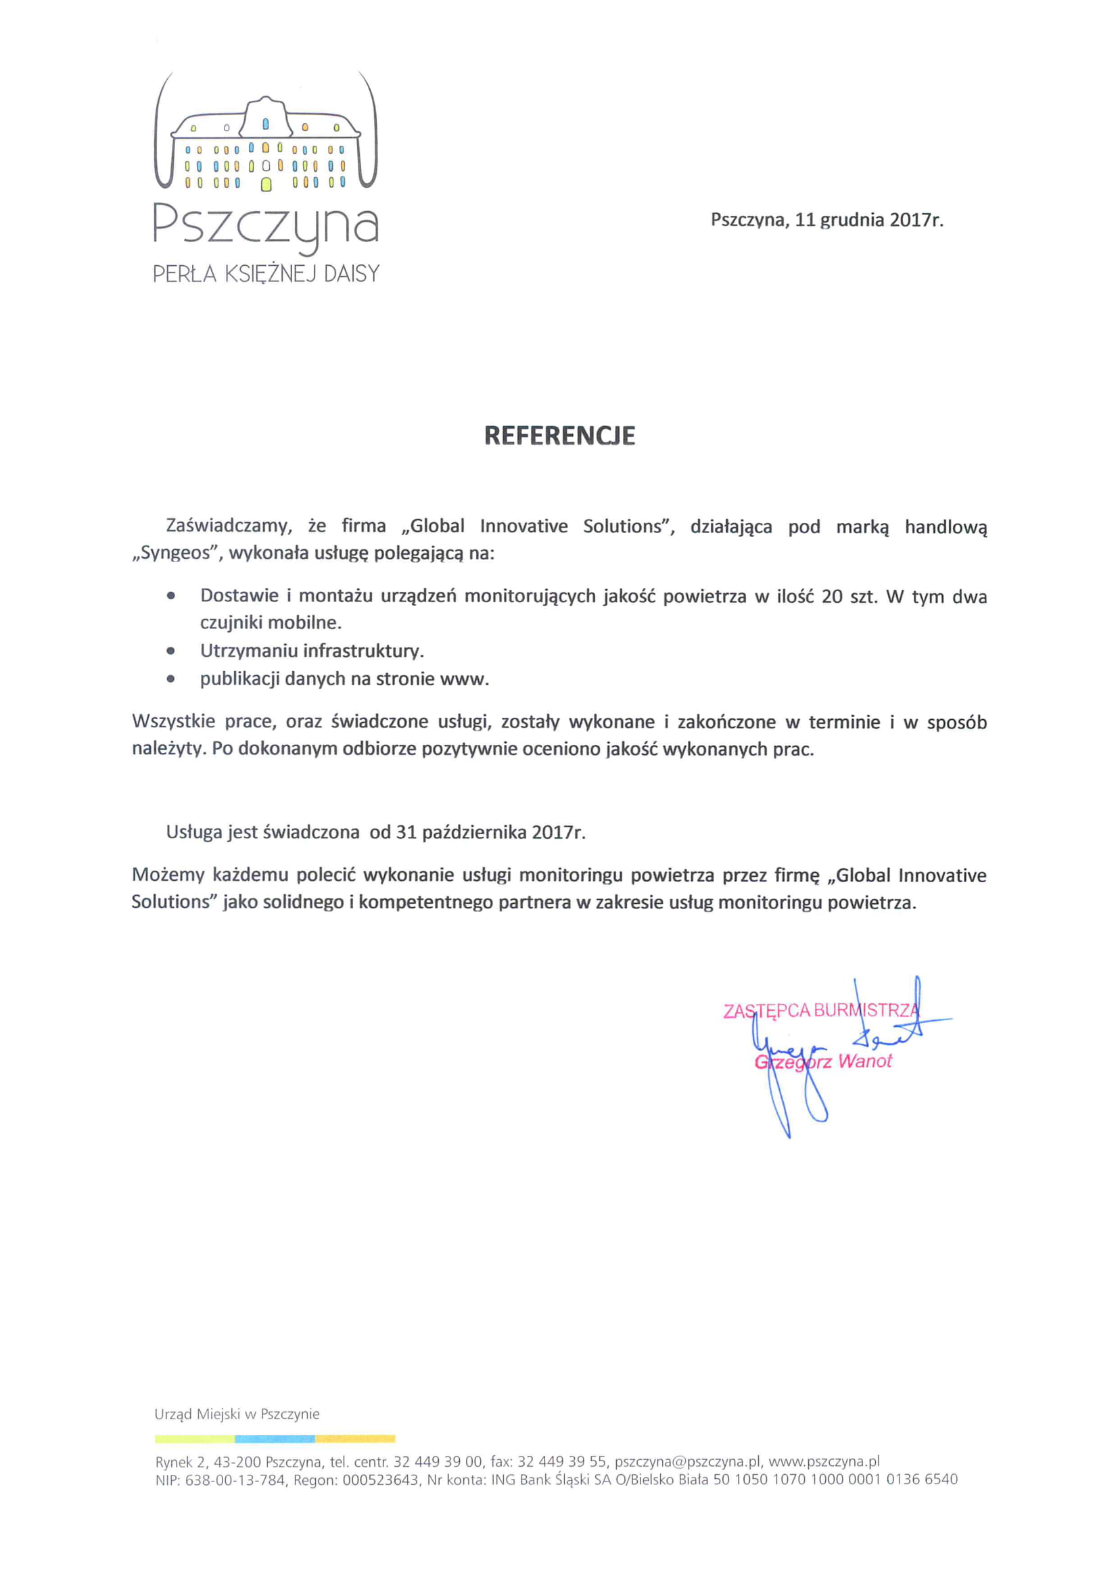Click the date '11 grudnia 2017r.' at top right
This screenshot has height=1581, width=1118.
tap(869, 221)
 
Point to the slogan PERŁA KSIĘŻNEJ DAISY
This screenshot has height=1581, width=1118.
tap(266, 274)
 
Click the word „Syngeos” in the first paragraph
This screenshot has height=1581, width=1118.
tap(175, 553)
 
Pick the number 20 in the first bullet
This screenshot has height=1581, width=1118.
tap(832, 596)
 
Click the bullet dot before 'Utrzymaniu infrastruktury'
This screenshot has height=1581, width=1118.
tap(170, 651)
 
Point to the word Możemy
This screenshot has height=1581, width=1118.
tap(168, 875)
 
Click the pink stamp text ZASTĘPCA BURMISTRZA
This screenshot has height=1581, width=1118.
tap(820, 1011)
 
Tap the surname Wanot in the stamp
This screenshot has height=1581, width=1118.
tap(864, 1061)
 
